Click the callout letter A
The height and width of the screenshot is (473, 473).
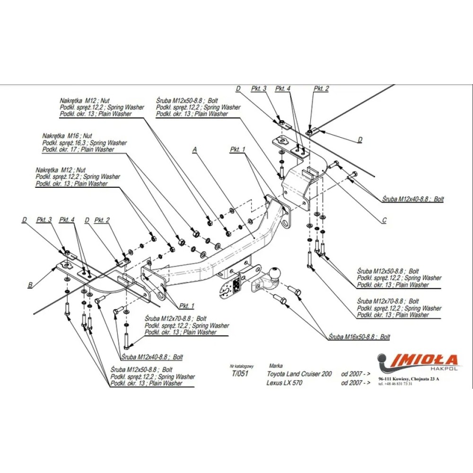click(194, 149)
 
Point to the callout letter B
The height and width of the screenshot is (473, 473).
click(30, 285)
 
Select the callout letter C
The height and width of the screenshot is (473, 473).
click(385, 220)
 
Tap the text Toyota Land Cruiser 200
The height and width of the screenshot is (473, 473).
click(299, 374)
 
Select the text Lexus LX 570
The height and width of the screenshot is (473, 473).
click(284, 383)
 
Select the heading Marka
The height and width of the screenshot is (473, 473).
click(275, 366)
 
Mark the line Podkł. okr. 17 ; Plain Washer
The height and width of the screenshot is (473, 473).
click(78, 149)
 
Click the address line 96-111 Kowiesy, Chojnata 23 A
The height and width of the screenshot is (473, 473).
click(409, 379)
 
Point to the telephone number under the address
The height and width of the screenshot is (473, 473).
click(395, 384)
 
